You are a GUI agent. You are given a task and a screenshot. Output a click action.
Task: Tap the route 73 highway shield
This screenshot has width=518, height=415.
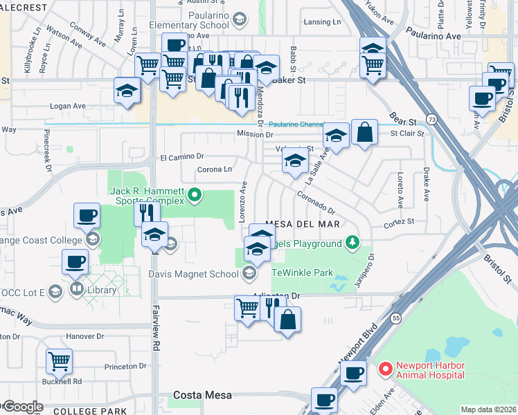coord(431,119)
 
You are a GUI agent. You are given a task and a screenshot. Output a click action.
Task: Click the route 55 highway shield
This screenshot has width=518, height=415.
coord(395,317)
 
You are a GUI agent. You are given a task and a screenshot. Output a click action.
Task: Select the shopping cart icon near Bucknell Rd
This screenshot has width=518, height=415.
coord(59,360)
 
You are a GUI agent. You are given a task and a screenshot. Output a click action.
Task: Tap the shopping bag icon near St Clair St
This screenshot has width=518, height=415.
coord(364,131)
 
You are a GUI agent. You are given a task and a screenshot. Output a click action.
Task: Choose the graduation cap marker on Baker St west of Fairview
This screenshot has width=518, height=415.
coord(127,92)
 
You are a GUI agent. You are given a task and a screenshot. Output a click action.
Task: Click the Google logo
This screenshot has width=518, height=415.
coord(22,407)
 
